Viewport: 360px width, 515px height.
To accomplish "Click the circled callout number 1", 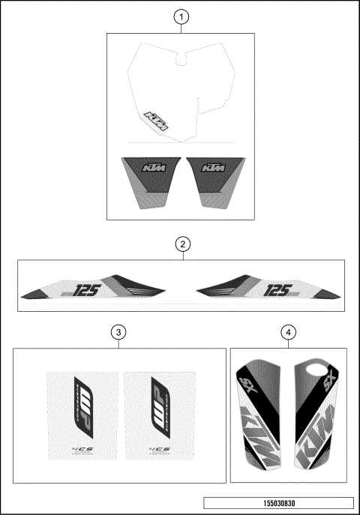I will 181,16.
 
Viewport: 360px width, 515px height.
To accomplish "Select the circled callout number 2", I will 181,244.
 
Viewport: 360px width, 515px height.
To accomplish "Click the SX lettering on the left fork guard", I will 245,388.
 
